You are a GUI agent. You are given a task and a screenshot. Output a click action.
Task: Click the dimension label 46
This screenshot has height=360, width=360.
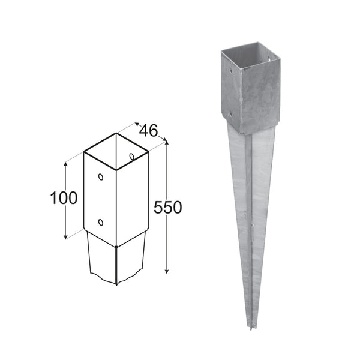click(149, 130)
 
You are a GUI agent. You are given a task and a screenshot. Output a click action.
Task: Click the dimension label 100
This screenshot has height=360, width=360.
click(64, 198)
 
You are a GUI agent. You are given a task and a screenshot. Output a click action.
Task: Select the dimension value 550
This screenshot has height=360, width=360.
click(167, 208)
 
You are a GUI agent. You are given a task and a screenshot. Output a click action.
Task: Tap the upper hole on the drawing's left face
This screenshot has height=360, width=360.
click(101, 177)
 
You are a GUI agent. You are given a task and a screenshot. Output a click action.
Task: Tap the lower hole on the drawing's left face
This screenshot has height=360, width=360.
click(100, 222)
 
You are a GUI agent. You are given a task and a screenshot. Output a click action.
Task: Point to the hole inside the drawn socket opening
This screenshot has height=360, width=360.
click(132, 157)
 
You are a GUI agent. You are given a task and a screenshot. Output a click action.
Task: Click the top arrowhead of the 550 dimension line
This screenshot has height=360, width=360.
click(167, 142)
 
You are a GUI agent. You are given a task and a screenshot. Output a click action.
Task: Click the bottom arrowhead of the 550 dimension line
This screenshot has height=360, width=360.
click(167, 271)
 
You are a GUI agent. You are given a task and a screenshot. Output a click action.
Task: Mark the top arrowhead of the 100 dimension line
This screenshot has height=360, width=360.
click(66, 165)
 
